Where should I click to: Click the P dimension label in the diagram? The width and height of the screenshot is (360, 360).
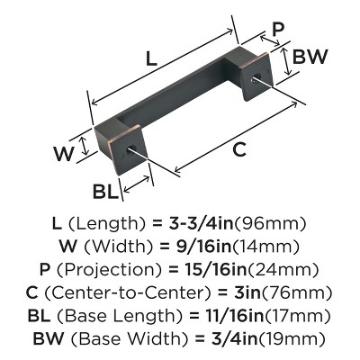click(277, 29)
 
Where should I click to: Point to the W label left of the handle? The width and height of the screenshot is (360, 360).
click(61, 153)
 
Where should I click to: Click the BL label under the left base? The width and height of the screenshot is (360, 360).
click(105, 191)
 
